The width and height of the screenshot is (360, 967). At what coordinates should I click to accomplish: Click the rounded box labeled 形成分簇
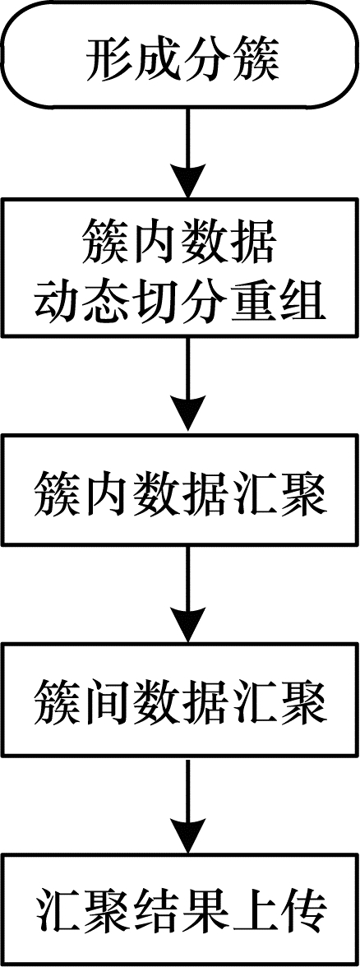(180, 55)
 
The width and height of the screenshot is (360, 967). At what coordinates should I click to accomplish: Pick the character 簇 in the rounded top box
(258, 58)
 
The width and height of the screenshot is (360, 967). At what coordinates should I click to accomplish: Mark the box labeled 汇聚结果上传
(180, 910)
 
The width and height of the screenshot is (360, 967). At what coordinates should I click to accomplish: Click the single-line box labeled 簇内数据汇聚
(180, 490)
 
